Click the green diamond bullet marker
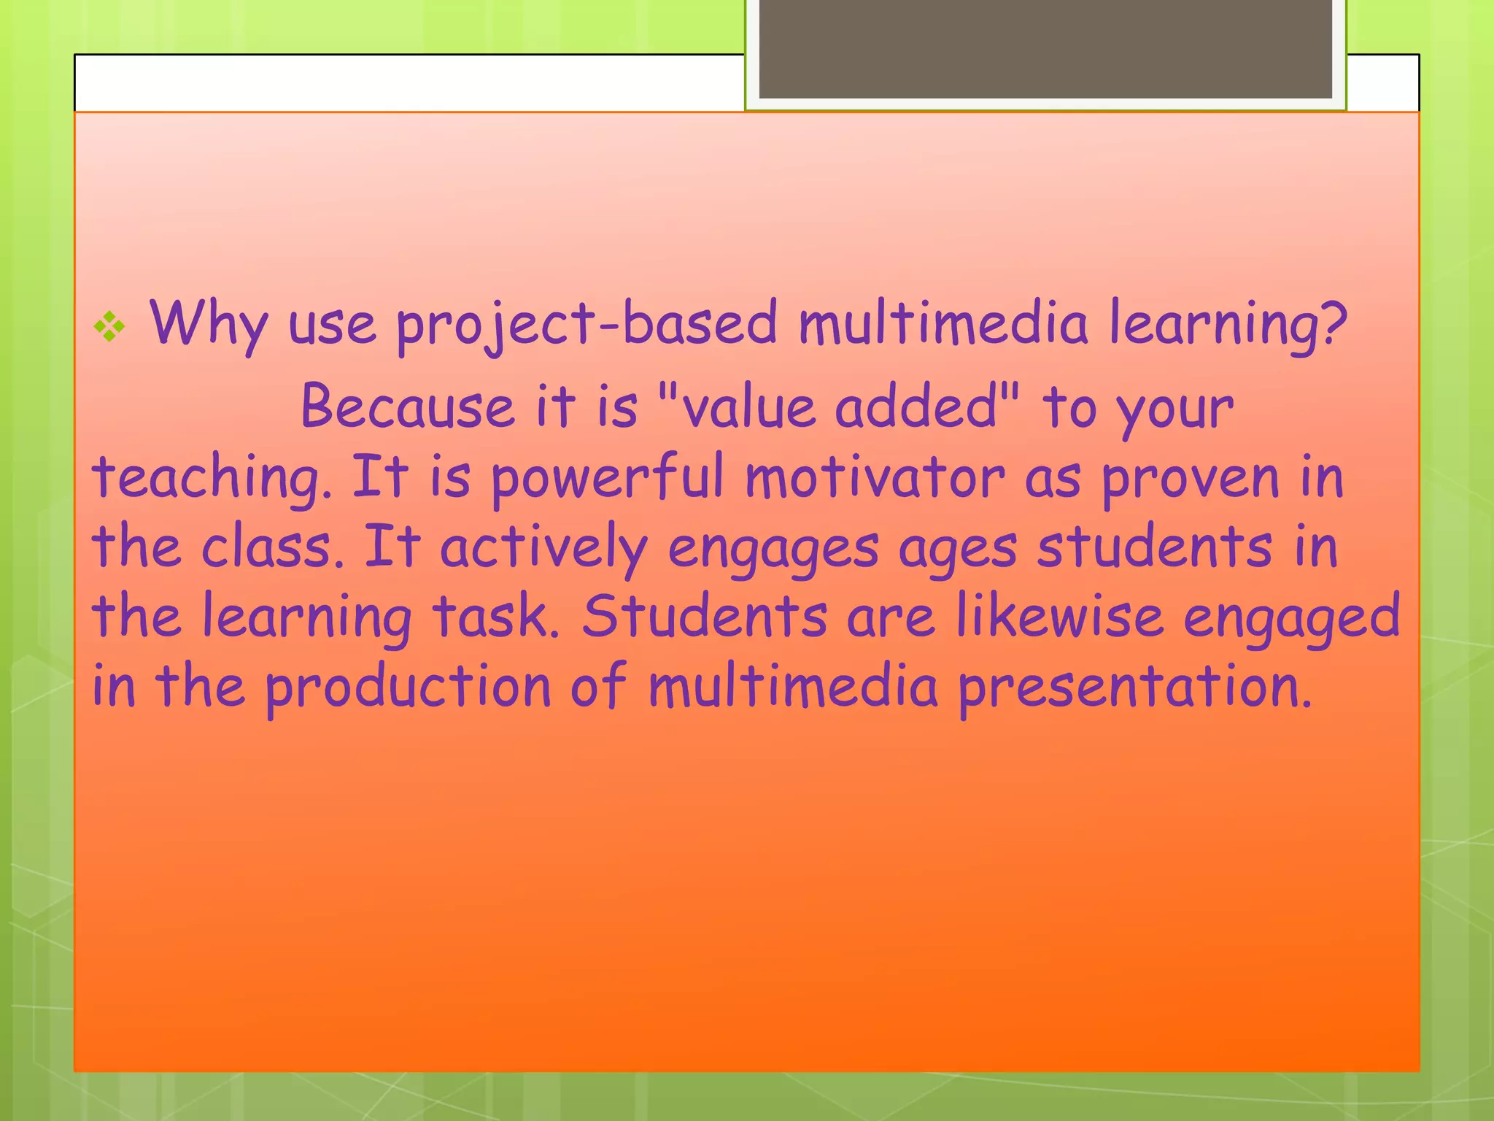pos(109,327)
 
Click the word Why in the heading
pos(209,325)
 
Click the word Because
pos(408,407)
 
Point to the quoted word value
pos(746,407)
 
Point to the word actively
pos(543,547)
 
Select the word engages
pos(773,547)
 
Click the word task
pos(496,617)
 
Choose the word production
pos(408,687)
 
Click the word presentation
pos(1134,687)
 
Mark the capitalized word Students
pos(704,617)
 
